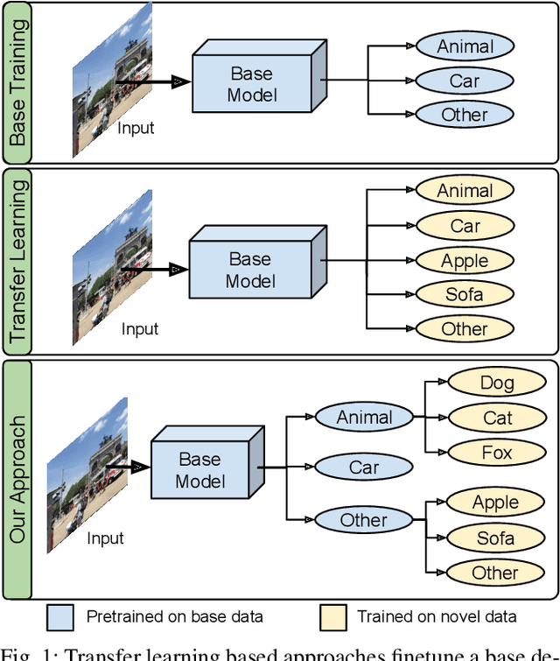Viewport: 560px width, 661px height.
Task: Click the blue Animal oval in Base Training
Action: click(465, 46)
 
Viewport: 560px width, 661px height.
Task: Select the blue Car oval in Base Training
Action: click(465, 81)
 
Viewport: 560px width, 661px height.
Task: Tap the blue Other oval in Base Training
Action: click(465, 115)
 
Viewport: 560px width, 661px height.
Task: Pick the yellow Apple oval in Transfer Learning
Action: click(465, 260)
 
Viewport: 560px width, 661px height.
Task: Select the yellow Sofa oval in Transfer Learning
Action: click(465, 294)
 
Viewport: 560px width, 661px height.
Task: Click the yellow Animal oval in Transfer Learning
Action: click(465, 190)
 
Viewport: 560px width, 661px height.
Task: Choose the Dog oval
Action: click(497, 383)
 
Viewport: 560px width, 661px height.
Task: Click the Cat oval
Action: click(497, 418)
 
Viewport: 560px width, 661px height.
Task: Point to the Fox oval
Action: click(497, 453)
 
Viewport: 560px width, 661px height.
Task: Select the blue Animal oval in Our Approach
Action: click(364, 417)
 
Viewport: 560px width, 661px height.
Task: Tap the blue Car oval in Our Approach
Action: click(364, 468)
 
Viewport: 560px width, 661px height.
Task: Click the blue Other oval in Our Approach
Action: click(364, 520)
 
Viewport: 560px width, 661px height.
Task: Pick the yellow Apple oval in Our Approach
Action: click(495, 503)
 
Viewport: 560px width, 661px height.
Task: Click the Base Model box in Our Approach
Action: click(200, 470)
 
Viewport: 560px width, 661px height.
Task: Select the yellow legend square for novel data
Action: click(332, 616)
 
